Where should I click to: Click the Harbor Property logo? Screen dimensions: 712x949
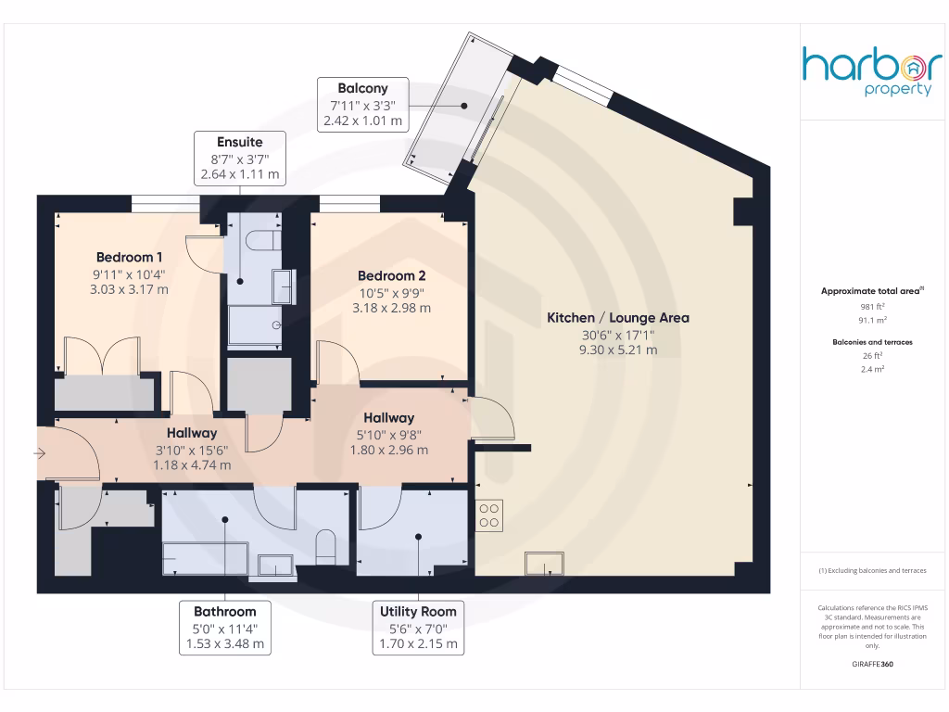tap(871, 70)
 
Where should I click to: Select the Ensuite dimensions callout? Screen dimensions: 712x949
tap(239, 158)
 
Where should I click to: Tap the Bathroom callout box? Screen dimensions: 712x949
tap(225, 628)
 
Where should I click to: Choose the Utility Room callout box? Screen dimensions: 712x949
tap(418, 628)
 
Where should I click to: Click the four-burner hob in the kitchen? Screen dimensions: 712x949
tap(489, 515)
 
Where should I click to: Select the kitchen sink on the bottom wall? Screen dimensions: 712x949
tap(544, 564)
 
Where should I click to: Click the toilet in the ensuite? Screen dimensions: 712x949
tap(264, 240)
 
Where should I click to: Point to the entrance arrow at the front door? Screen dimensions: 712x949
tap(39, 453)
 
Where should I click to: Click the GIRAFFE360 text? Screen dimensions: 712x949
tap(871, 665)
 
